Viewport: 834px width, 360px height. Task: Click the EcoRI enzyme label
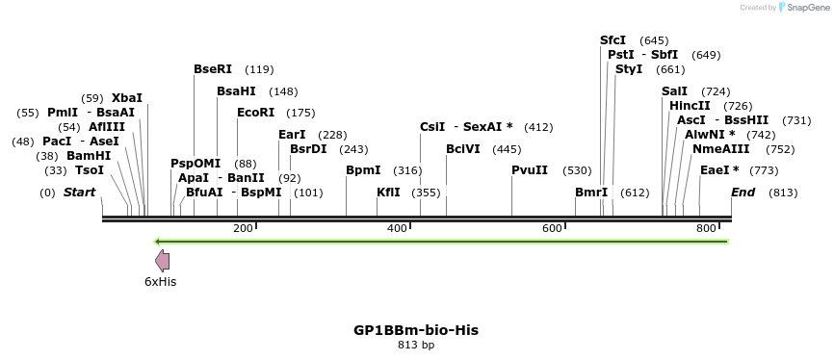coord(255,113)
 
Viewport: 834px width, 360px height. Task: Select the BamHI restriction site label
coord(89,156)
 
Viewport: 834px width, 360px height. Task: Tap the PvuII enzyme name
coord(530,170)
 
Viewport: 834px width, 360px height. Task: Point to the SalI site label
coord(675,91)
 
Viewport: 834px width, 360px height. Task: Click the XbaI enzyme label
coord(127,98)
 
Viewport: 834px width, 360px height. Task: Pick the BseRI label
coord(213,69)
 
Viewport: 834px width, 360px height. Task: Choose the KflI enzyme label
coord(388,193)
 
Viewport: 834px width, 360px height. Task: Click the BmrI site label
coord(591,193)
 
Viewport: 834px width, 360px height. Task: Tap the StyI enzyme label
coord(629,69)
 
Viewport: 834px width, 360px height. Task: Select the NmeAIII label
coord(716,149)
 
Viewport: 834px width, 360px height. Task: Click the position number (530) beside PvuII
coord(577,170)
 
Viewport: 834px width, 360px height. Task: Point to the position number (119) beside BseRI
coord(259,69)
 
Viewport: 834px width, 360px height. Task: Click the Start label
coord(79,193)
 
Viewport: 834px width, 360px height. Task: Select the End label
coord(743,193)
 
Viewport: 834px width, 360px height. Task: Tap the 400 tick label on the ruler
coord(397,228)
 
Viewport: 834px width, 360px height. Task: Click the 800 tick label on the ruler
coord(706,228)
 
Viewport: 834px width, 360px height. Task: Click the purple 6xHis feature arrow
coord(163,260)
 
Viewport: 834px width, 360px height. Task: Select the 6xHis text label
coord(160,282)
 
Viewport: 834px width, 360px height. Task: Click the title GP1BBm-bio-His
coord(416,330)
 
